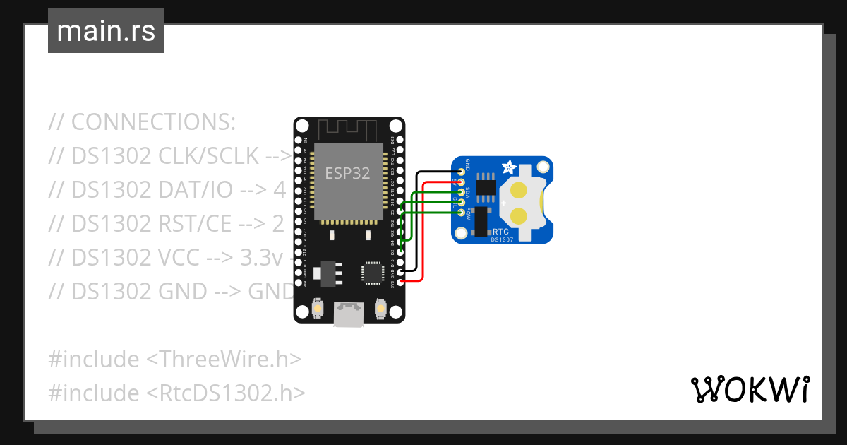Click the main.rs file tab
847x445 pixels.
click(106, 31)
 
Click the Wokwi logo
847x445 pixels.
click(750, 389)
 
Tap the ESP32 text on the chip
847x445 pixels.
click(347, 173)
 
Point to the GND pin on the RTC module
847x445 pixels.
click(462, 171)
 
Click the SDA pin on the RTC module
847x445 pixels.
click(462, 192)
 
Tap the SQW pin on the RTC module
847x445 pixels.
click(462, 213)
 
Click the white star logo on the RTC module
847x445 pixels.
click(507, 168)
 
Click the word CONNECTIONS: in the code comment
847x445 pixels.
click(153, 122)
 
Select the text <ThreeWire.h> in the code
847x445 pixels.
click(223, 360)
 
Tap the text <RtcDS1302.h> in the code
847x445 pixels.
click(225, 393)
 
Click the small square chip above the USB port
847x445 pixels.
click(372, 273)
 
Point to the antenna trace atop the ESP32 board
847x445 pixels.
click(349, 130)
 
